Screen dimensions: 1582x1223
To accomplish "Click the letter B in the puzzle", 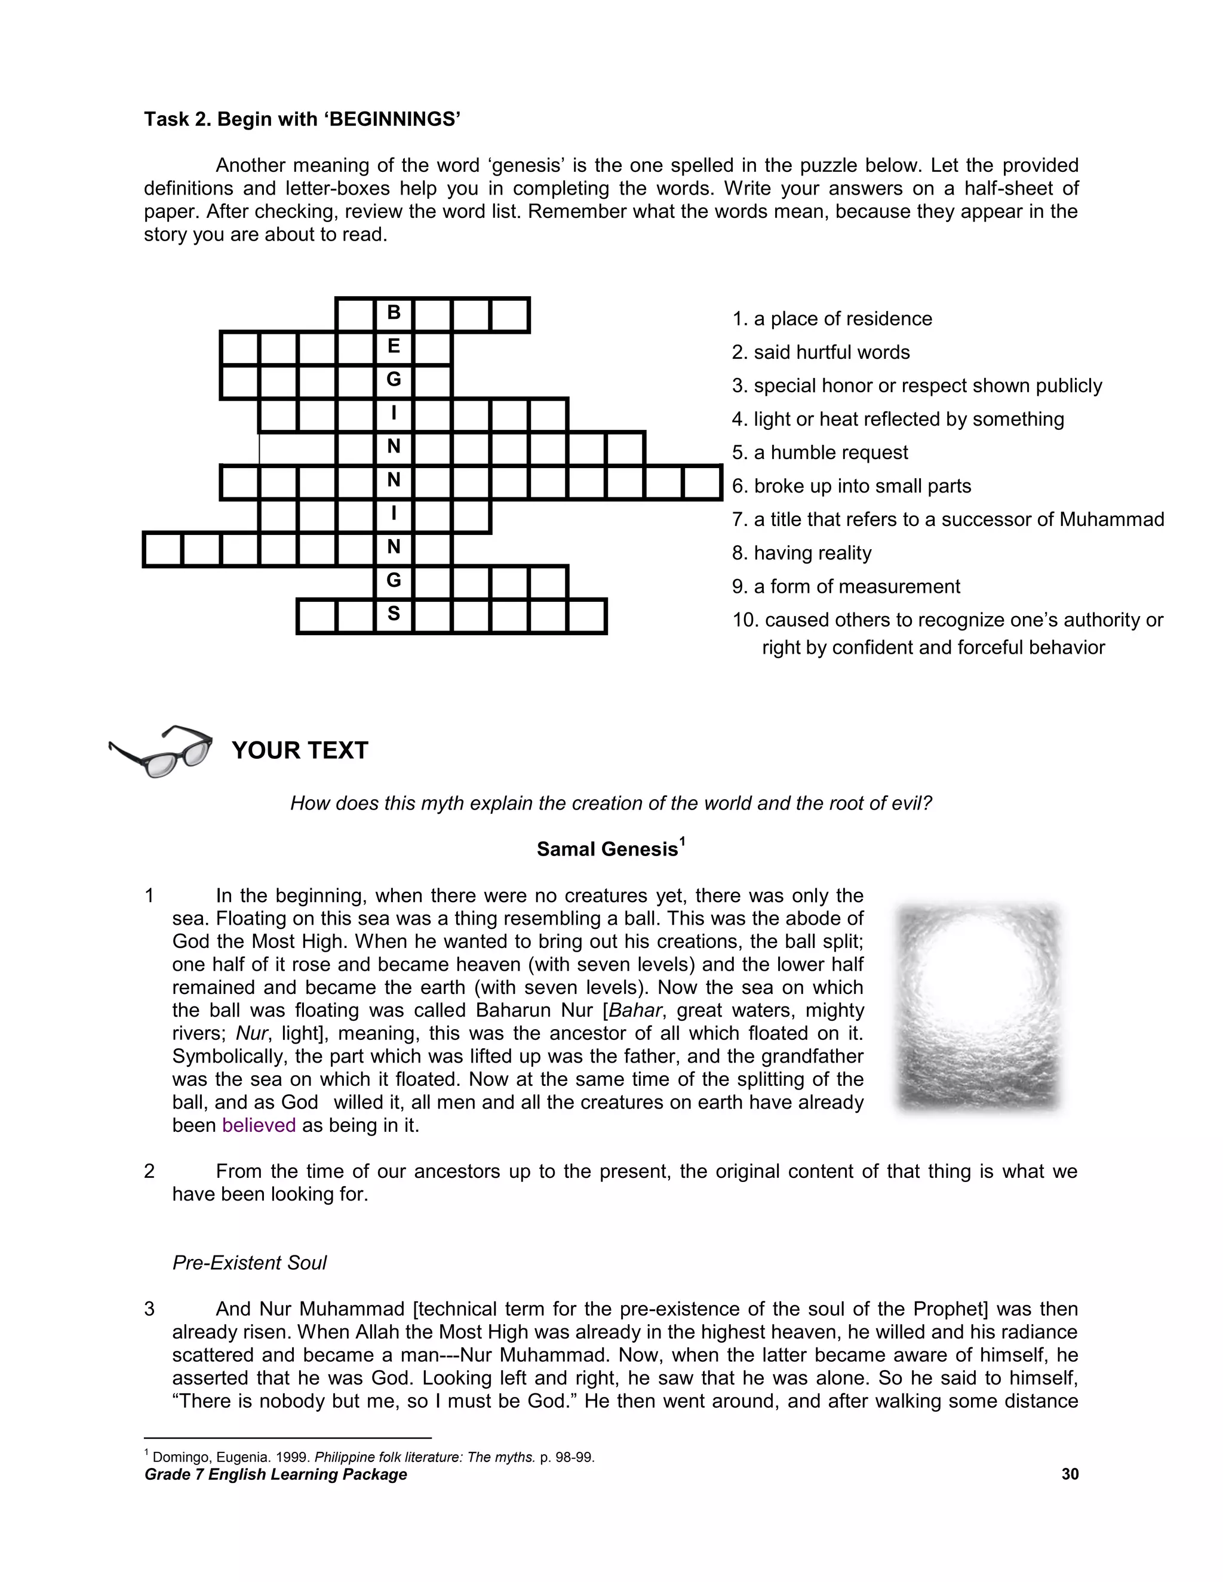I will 394,313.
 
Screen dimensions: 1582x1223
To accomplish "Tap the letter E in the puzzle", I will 394,346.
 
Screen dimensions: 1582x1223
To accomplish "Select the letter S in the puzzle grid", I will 394,614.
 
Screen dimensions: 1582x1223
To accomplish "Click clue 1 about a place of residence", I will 832,319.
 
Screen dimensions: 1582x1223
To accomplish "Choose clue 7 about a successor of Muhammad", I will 948,519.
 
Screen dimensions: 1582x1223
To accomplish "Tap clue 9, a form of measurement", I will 846,587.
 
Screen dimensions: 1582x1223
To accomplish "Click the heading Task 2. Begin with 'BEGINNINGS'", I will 302,119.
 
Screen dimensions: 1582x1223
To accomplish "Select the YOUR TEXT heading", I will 300,750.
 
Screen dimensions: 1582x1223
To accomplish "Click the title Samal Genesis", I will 607,849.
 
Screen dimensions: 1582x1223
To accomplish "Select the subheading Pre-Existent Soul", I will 249,1263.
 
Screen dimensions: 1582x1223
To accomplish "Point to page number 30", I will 1070,1474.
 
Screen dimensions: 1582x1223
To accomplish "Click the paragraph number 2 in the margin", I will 149,1171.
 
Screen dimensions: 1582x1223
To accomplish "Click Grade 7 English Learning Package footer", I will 275,1475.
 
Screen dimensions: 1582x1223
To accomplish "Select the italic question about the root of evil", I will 611,804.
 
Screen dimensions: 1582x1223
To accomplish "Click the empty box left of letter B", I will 356,315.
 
